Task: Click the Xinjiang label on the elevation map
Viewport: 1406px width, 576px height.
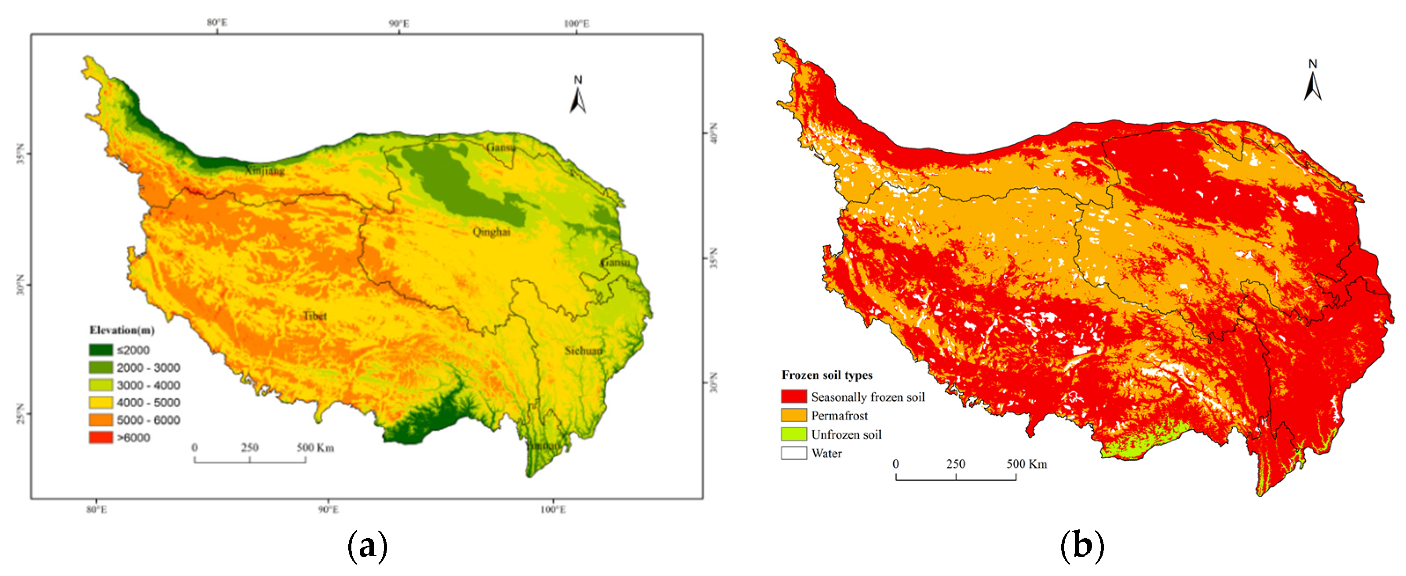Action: coord(264,171)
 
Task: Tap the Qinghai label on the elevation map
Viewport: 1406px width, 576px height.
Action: coord(491,232)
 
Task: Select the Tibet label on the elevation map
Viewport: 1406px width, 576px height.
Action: coord(315,316)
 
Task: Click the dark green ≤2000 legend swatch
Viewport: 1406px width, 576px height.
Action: coord(101,350)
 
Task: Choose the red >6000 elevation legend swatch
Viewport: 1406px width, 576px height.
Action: coord(101,437)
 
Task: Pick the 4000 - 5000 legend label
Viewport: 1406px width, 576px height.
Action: coord(148,403)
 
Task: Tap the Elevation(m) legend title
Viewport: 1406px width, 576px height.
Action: coord(122,330)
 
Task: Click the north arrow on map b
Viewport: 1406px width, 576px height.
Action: coord(1313,82)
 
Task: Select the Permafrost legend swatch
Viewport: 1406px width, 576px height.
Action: coord(794,416)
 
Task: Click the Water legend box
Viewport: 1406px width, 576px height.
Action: coord(794,453)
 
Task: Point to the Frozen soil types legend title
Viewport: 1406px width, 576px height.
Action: coord(827,375)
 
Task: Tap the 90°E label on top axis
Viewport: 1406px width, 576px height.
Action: coord(399,23)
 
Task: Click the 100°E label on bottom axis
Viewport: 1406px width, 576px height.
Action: coord(553,510)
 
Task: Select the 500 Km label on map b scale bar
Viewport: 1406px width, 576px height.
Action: coord(1026,464)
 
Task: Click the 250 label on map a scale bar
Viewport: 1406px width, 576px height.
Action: coord(249,448)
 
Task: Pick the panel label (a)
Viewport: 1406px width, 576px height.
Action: coord(367,546)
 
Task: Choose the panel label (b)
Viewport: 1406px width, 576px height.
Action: coord(1081,546)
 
